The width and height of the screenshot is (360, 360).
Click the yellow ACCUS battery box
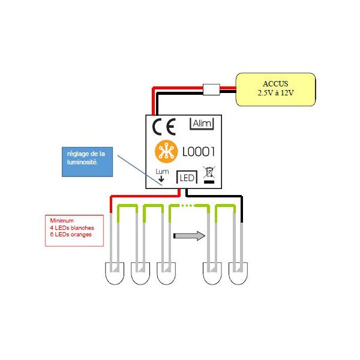[275, 89]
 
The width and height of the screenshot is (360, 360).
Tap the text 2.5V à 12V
[275, 93]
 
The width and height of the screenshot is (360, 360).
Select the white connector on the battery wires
[211, 89]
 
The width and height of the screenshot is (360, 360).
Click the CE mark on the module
[164, 127]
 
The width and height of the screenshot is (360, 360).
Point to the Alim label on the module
[202, 124]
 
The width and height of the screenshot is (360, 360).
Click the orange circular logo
[166, 152]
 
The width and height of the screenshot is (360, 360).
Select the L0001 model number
[199, 152]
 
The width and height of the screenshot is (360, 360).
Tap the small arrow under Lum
[161, 179]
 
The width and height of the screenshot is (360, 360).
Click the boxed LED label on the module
[187, 177]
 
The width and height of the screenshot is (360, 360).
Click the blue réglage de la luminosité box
[87, 162]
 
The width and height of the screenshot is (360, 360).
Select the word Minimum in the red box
[62, 221]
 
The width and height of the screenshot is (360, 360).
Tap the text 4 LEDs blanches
[72, 228]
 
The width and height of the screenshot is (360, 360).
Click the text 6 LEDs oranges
[71, 235]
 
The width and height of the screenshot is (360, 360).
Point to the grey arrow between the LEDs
[189, 236]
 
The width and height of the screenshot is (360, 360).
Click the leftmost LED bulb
[115, 273]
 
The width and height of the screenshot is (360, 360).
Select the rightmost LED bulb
[238, 273]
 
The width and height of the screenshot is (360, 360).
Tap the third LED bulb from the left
[166, 273]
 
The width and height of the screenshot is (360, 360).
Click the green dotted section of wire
[187, 206]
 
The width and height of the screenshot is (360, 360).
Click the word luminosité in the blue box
[82, 162]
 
